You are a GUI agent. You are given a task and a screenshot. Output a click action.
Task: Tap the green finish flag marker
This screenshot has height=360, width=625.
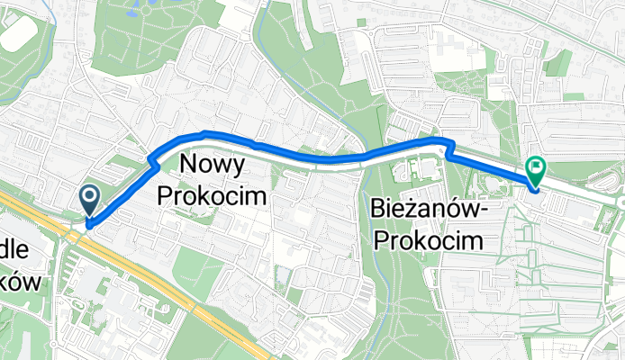pyautogui.click(x=537, y=167)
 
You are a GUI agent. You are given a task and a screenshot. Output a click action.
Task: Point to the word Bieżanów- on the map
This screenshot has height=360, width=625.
pyautogui.click(x=429, y=210)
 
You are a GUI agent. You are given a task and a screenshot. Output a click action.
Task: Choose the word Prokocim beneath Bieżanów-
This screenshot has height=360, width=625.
pyautogui.click(x=427, y=240)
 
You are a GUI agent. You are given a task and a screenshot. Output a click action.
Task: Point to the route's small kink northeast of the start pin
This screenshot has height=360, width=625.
pyautogui.click(x=153, y=162)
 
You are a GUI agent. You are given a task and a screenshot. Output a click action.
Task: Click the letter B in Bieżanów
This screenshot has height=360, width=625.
pyautogui.click(x=377, y=210)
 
